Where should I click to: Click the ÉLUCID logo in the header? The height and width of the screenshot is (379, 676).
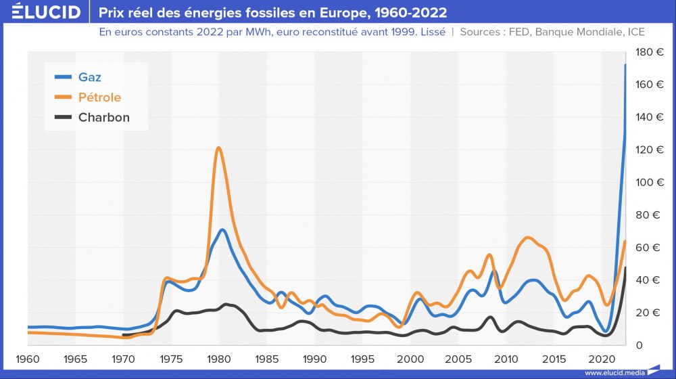tap(46, 12)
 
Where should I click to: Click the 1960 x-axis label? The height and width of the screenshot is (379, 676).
tap(28, 358)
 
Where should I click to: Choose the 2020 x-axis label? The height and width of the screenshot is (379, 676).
tap(601, 358)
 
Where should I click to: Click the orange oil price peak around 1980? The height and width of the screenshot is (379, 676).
tap(218, 148)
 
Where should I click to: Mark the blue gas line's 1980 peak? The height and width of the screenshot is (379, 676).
tap(222, 230)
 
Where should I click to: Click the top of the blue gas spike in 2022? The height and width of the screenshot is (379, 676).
tap(625, 65)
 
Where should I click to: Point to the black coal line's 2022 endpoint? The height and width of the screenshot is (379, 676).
tap(625, 268)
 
